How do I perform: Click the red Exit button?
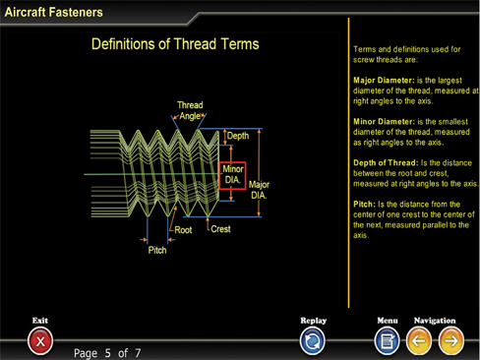point(40,341)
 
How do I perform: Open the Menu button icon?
point(388,341)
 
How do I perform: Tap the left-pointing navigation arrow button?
point(419,341)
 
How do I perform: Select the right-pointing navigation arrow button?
point(451,341)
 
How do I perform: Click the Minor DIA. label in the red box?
point(233,175)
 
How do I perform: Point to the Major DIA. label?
point(259,190)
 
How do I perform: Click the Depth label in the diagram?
point(238,136)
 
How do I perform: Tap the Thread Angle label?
point(190,110)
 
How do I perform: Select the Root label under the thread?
point(183,230)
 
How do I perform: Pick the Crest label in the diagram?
point(220,229)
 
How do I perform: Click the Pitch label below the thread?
point(157,250)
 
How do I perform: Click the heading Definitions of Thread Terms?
point(175,44)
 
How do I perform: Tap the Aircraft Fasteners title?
point(53,12)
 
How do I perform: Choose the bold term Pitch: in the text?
point(364,205)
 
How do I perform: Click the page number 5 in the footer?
point(107,353)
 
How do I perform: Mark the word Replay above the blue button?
point(314,321)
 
